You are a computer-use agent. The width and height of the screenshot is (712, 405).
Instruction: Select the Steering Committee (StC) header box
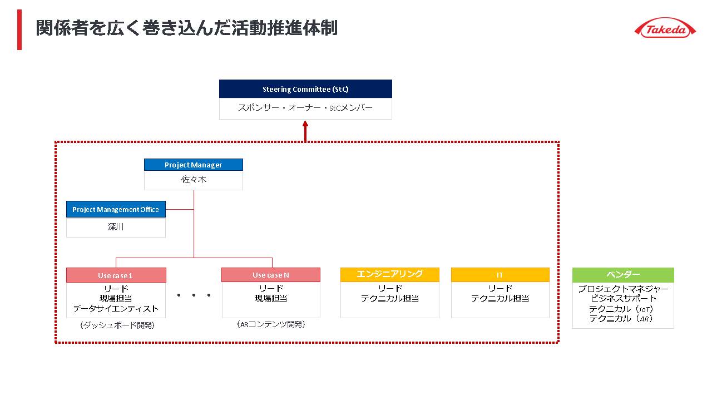pyautogui.click(x=305, y=89)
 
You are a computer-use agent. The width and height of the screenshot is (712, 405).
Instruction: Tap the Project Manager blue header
pyautogui.click(x=194, y=165)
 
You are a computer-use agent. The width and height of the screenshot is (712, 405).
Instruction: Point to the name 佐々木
pyautogui.click(x=194, y=180)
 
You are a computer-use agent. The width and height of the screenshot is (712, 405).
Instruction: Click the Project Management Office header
pyautogui.click(x=116, y=209)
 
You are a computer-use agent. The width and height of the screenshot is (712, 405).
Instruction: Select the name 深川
pyautogui.click(x=116, y=227)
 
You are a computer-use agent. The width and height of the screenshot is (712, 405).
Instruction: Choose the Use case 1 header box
pyautogui.click(x=116, y=275)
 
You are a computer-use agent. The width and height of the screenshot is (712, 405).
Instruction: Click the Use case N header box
pyautogui.click(x=271, y=275)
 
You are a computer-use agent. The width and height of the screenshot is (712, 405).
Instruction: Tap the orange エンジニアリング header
pyautogui.click(x=389, y=274)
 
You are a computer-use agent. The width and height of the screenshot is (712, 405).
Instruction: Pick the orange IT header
pyautogui.click(x=500, y=275)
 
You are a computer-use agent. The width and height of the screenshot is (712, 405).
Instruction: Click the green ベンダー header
pyautogui.click(x=623, y=275)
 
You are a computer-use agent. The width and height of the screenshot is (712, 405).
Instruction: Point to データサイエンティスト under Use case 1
pyautogui.click(x=116, y=309)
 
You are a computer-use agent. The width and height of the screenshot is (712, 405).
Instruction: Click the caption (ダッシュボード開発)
pyautogui.click(x=116, y=325)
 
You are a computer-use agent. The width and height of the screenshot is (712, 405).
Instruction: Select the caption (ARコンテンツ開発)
pyautogui.click(x=271, y=324)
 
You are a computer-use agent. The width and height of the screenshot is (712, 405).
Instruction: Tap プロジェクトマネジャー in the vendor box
pyautogui.click(x=623, y=289)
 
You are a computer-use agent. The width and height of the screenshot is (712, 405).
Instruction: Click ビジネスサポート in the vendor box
pyautogui.click(x=623, y=299)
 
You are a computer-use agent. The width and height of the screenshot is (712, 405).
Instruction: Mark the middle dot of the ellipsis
pyautogui.click(x=194, y=295)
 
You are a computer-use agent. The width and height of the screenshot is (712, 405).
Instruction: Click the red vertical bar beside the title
pyautogui.click(x=19, y=29)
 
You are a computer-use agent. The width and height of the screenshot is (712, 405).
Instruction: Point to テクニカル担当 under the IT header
pyautogui.click(x=500, y=299)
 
